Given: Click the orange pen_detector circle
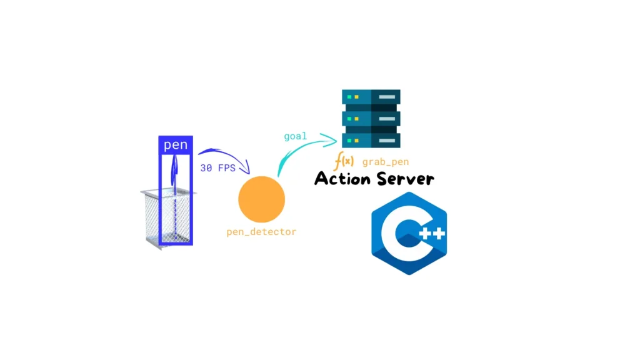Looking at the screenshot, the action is pos(262,199).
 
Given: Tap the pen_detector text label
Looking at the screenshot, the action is pos(261,232).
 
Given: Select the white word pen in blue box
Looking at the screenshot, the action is pos(176,145).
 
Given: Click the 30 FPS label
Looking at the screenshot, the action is pos(217,167).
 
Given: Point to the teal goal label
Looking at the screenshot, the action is pos(295,136).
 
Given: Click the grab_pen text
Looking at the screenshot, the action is pos(385,162).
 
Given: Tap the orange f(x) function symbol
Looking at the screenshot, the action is pos(344,161).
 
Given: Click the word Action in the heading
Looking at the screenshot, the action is pos(343,178).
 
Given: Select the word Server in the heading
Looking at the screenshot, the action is pos(405,179).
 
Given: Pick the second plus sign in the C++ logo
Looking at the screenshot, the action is pos(439,234).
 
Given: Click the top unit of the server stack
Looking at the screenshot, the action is pos(371,97).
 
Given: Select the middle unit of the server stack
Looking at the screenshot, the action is pos(371,119).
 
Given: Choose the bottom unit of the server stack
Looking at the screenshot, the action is pos(371,141).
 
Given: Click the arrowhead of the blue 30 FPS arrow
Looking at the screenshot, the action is pos(246,169).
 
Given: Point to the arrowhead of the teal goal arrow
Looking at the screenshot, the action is pos(331,139).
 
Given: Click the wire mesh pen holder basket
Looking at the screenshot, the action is pos(167,218).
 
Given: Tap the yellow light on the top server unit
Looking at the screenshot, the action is pos(356,97).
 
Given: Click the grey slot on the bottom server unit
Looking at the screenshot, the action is pos(386,141).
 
